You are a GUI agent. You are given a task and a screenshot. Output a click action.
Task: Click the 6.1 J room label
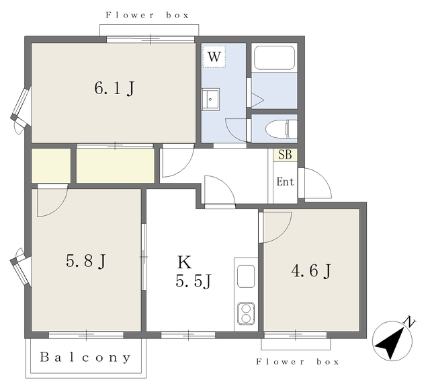[114, 88]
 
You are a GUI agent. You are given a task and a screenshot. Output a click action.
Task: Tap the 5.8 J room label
[85, 261]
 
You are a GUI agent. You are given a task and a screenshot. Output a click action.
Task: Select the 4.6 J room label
[311, 271]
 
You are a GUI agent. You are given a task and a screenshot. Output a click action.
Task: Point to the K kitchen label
[184, 262]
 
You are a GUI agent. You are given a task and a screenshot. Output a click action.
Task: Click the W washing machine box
[214, 57]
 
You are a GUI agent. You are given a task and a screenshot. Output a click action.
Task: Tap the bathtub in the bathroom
[275, 57]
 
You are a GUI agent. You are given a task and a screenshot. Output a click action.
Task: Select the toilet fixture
[282, 128]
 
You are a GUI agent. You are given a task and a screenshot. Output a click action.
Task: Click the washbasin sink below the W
[210, 99]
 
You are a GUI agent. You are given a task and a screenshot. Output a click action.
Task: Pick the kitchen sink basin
[246, 276]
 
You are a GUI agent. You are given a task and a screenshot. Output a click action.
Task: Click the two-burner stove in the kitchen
[246, 313]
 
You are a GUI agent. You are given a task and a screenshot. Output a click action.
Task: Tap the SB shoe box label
[285, 155]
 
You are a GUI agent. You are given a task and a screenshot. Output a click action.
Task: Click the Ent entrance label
[285, 182]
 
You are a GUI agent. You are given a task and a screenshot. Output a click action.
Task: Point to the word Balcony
[85, 357]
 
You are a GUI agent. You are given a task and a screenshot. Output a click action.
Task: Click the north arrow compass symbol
[392, 340]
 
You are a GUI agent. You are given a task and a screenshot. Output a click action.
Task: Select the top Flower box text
[147, 15]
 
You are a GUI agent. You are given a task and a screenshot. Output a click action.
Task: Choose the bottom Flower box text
[298, 362]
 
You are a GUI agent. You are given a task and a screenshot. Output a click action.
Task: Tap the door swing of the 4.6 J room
[284, 233]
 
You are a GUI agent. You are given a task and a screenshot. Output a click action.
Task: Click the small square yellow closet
[51, 165]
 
